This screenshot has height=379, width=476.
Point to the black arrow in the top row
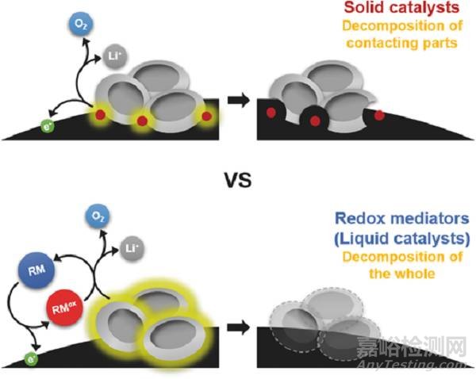(x=238, y=101)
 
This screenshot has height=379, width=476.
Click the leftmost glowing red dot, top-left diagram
(x=101, y=116)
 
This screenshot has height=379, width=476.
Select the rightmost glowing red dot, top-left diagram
(x=206, y=116)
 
